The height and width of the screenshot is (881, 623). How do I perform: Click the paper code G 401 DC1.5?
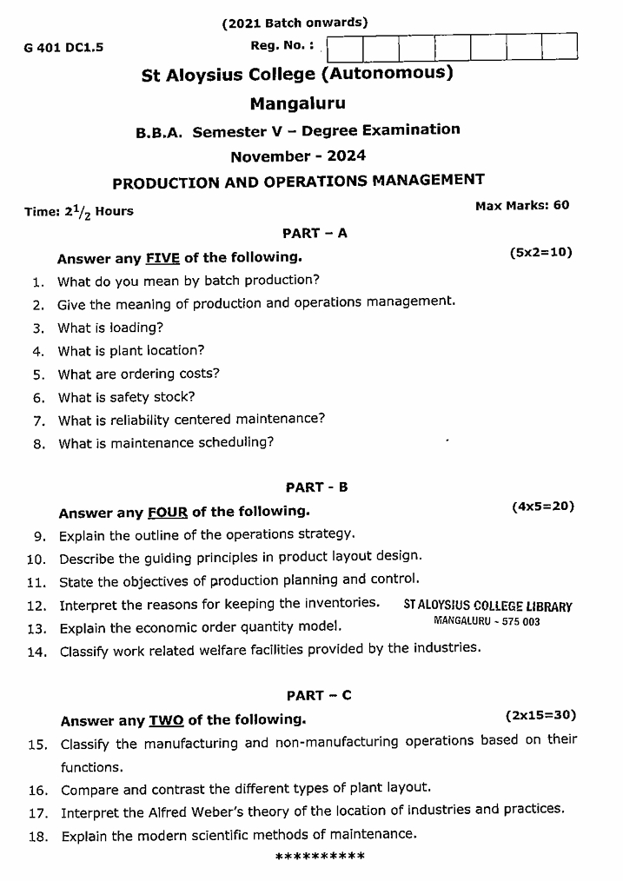coord(64,49)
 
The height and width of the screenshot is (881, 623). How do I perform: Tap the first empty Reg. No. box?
coord(345,47)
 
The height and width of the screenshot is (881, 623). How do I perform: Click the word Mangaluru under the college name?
coord(297,103)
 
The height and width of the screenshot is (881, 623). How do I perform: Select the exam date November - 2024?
coord(297,156)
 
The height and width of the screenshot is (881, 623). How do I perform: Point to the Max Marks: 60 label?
coord(522,205)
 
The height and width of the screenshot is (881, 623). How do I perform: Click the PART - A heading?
coord(315,233)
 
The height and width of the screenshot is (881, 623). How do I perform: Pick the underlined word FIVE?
coord(162,258)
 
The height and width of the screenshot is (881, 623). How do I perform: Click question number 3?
coord(38,328)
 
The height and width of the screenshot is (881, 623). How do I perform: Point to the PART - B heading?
coord(316,487)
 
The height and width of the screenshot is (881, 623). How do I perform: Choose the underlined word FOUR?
coord(168,513)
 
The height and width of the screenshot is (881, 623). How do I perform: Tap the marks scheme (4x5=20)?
coord(543,506)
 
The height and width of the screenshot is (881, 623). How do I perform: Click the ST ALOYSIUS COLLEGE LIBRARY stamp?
coord(487,607)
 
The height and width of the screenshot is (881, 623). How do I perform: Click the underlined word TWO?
coord(166,720)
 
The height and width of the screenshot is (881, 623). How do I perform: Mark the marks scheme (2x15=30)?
coord(540,715)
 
